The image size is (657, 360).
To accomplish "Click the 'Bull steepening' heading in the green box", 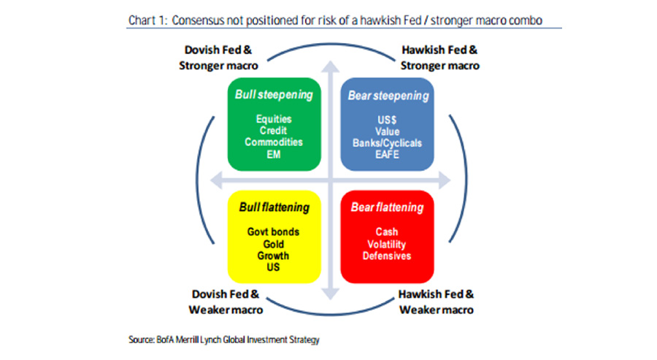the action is [x=274, y=95].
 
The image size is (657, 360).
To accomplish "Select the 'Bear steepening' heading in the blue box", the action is [x=388, y=96].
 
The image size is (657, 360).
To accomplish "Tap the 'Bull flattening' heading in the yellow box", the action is [x=274, y=207].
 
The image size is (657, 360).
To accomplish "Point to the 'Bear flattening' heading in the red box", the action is [x=387, y=207].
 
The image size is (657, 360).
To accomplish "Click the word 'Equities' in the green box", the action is [x=274, y=119].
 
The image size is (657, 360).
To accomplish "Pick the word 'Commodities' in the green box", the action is [x=274, y=142].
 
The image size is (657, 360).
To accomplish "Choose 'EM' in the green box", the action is [x=274, y=154].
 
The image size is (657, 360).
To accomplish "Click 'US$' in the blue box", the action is [x=387, y=120].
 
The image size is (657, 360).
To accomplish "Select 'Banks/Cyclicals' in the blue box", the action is [x=387, y=143].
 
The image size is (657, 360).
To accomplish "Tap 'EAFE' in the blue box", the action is [x=387, y=154].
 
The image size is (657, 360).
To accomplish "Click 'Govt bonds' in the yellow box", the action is [x=273, y=231].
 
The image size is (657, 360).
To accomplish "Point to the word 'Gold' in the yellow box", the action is [x=274, y=244].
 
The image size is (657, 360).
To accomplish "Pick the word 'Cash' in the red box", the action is [x=387, y=231].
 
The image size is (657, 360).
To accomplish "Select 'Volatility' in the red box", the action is [x=387, y=245].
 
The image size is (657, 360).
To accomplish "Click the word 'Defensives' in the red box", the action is [x=387, y=256].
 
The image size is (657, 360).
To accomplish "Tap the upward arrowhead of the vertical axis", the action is [x=331, y=66].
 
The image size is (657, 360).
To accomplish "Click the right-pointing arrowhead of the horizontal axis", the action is [x=445, y=180].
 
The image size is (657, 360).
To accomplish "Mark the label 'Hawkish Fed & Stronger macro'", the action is [x=440, y=58].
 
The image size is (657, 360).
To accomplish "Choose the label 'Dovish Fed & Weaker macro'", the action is [x=226, y=302].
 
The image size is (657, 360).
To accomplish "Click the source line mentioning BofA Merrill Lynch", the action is [x=224, y=340].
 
